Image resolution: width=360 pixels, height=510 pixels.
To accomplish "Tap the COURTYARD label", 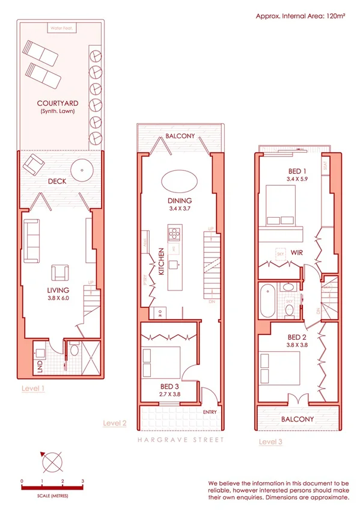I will pyautogui.click(x=58, y=103).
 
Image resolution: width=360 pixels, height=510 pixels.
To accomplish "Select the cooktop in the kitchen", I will pyautogui.click(x=175, y=232).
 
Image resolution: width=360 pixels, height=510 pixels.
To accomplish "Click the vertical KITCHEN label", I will pyautogui.click(x=162, y=263).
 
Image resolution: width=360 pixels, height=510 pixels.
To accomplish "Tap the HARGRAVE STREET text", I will pyautogui.click(x=180, y=440).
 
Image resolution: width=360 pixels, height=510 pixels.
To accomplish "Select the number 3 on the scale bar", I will pyautogui.click(x=82, y=481).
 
